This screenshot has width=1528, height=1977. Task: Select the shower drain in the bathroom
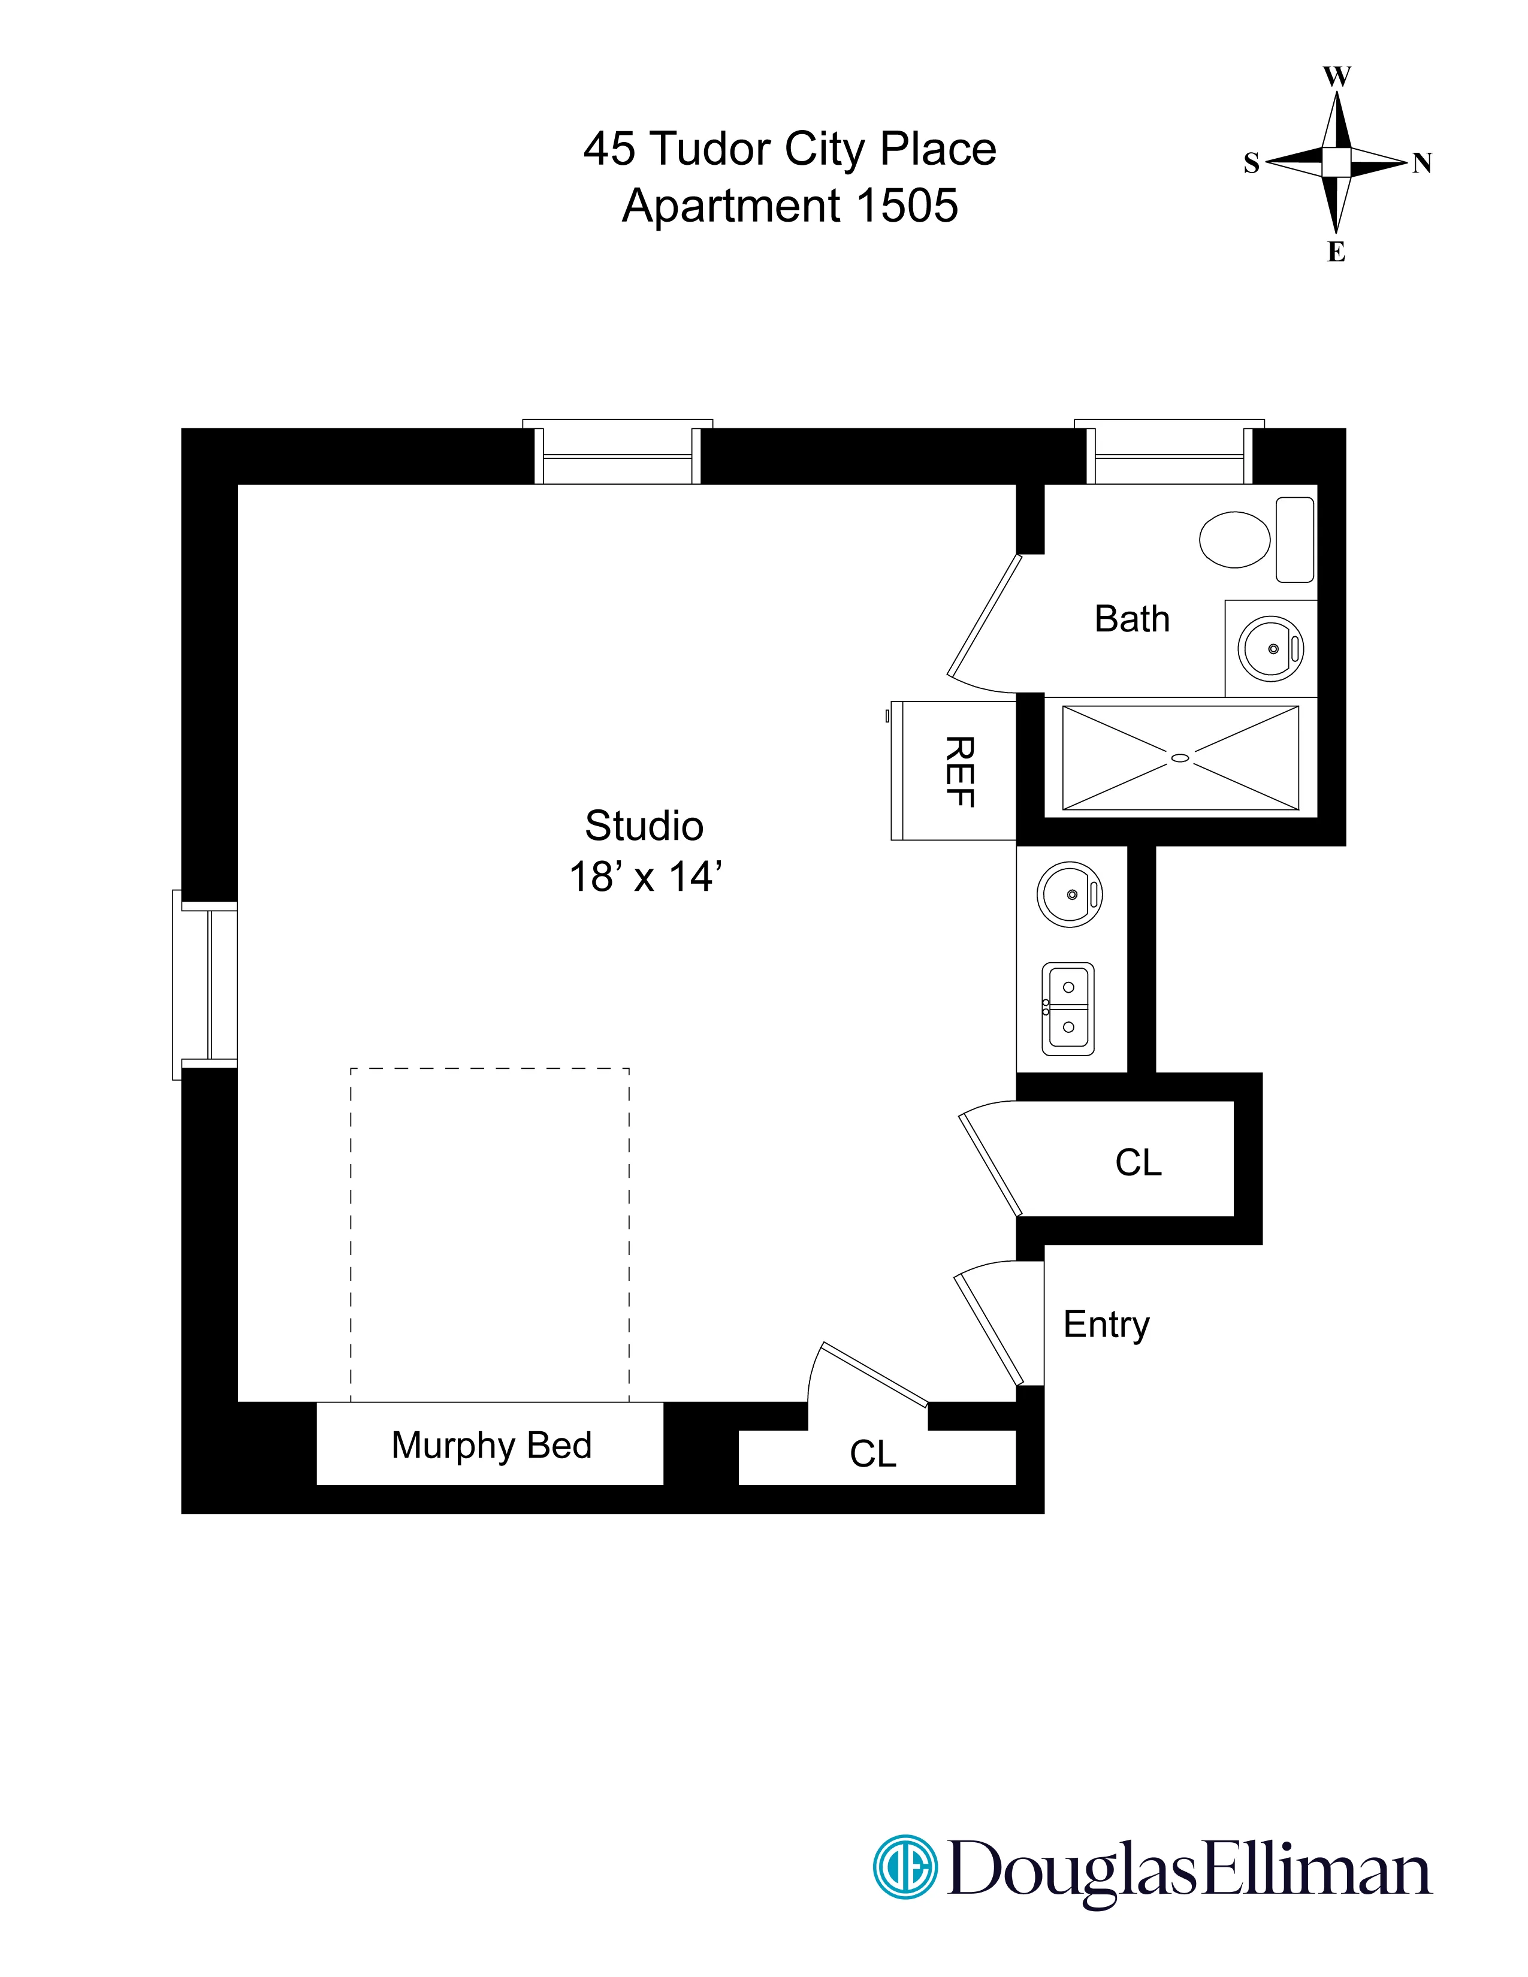coord(1179,758)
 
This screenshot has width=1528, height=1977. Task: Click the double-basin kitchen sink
coord(1068,1008)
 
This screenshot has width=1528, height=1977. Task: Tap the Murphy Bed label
coord(491,1446)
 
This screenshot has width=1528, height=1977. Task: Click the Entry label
coord(1106,1325)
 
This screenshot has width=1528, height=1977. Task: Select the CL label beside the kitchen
coord(1138,1163)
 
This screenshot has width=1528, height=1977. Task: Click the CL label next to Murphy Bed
coord(872,1455)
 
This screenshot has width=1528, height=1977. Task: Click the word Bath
coord(1131,619)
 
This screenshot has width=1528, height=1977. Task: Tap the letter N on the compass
coord(1422,163)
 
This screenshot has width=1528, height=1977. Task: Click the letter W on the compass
coord(1337,77)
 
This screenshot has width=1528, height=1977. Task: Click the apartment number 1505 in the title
coord(906,205)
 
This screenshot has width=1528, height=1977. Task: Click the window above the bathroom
coord(1170,452)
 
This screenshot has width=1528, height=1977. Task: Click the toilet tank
coord(1294,540)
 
